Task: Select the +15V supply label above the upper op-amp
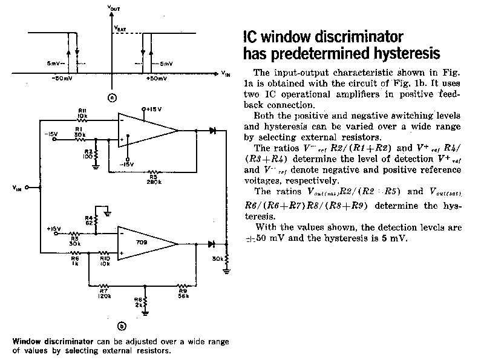(x=149, y=109)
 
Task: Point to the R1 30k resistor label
(x=79, y=130)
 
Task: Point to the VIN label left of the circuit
(x=16, y=188)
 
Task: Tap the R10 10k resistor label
(x=105, y=259)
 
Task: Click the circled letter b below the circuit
(x=122, y=327)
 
